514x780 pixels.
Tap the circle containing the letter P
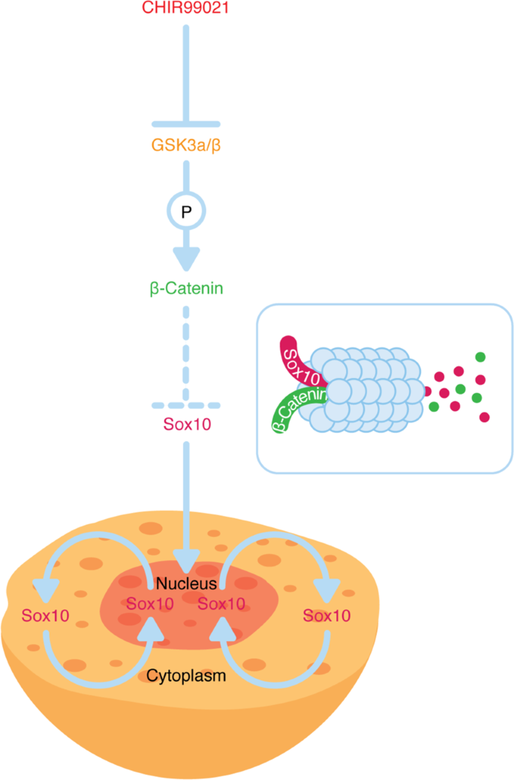coord(186,211)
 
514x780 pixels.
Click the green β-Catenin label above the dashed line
coord(186,287)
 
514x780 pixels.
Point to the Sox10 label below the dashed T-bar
coord(186,424)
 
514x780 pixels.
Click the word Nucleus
coord(187,583)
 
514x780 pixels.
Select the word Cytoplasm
coord(186,675)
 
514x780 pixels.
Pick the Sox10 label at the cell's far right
coord(326,616)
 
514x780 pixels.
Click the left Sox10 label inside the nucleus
coord(150,604)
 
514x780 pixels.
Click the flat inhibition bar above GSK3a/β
coord(186,123)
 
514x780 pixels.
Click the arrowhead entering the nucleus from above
coord(186,559)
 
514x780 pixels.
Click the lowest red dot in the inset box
coord(485,417)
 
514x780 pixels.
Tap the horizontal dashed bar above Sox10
coord(186,405)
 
